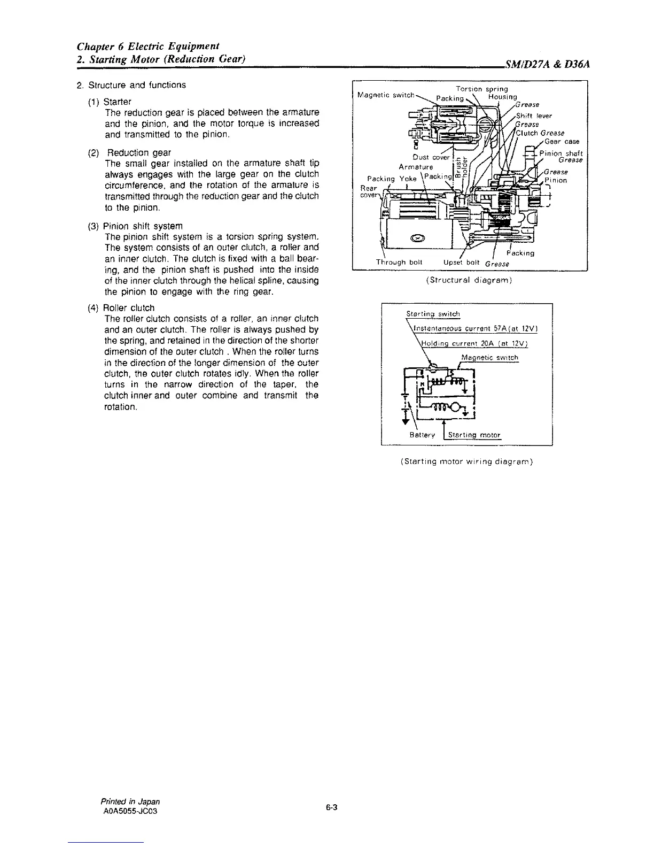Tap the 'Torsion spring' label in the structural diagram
[x=481, y=89]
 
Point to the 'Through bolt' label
[x=399, y=263]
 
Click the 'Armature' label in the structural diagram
[x=416, y=167]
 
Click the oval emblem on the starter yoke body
[x=417, y=238]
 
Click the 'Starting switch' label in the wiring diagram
[x=433, y=314]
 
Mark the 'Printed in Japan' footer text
[x=130, y=802]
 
